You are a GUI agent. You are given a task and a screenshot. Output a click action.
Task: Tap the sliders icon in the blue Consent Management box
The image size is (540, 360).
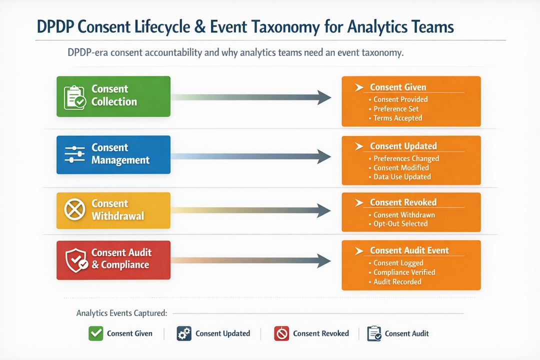tap(75, 154)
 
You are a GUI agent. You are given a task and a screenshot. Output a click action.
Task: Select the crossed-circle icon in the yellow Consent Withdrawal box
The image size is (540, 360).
tap(75, 210)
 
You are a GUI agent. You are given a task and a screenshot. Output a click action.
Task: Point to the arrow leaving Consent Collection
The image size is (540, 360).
tap(250, 97)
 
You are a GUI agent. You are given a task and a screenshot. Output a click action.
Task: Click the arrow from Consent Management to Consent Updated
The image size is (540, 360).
tap(250, 156)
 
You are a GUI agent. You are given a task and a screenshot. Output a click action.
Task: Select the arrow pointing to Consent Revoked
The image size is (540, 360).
tap(250, 210)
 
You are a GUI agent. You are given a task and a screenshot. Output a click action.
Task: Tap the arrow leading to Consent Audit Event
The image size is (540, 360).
tap(250, 259)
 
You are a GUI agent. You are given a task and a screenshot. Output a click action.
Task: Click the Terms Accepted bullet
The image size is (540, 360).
tap(397, 118)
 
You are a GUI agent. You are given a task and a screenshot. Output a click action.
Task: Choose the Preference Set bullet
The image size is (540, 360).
tap(396, 108)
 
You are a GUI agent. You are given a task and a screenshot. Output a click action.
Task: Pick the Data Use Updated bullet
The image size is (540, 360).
tap(402, 176)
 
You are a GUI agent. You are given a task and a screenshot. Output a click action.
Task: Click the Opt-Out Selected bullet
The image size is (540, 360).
tap(400, 223)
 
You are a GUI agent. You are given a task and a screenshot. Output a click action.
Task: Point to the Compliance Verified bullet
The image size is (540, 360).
tap(404, 272)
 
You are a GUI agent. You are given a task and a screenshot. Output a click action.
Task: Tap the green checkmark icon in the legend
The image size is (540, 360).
tap(95, 333)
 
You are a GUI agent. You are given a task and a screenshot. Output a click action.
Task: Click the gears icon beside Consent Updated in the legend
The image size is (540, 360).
tap(184, 333)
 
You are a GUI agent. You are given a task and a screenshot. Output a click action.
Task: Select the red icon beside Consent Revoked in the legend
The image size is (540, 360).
tap(281, 333)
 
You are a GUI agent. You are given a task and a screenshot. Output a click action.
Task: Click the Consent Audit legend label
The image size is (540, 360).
tap(406, 333)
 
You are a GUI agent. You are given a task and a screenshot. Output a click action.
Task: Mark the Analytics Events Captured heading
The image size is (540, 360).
tap(121, 313)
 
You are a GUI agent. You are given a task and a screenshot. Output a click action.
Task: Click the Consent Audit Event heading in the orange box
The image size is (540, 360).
tap(409, 250)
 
